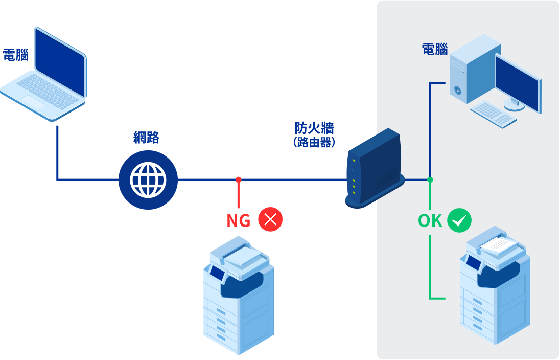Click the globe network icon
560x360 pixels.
(x=148, y=180)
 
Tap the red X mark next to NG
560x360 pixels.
(x=270, y=220)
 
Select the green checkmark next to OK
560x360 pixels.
(x=459, y=220)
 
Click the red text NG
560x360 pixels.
(x=239, y=220)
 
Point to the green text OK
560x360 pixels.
(x=430, y=220)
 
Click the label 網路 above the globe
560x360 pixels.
(x=146, y=138)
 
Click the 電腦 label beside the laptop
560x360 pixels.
(x=15, y=55)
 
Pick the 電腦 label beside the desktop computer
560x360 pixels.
(x=435, y=50)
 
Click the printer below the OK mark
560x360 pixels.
(x=495, y=289)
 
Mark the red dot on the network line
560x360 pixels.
(x=239, y=179)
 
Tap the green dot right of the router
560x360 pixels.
(x=430, y=179)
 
